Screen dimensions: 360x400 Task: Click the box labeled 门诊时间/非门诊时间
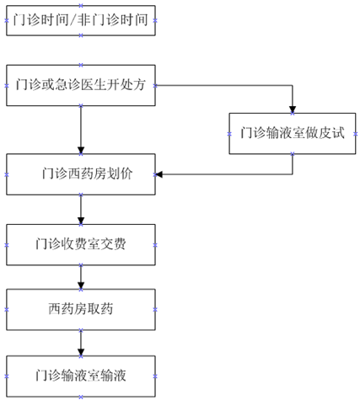81,20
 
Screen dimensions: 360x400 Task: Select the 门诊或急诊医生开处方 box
81,85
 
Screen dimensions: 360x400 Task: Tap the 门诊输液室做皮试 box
293,134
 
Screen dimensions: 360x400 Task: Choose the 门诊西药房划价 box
81,174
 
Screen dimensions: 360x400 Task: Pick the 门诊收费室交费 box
81,245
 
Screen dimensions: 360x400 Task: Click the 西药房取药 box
81,310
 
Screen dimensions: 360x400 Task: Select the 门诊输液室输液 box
81,376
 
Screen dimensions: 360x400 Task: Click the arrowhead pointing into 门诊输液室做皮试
293,109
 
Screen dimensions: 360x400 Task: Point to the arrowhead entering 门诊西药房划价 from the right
159,174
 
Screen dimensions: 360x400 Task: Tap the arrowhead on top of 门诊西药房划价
81,151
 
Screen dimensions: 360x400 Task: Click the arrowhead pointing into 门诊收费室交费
81,221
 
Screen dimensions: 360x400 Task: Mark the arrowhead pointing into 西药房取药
81,285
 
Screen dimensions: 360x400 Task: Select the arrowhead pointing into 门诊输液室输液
81,353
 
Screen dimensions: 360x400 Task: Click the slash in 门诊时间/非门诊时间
74,20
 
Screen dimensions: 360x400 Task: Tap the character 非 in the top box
84,20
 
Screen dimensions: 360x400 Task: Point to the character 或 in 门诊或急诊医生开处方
48,84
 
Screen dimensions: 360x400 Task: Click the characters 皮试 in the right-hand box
331,133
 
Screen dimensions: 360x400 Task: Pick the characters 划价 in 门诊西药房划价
120,173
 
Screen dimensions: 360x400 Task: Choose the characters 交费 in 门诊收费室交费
113,244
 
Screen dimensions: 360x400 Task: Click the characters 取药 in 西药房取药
100,309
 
